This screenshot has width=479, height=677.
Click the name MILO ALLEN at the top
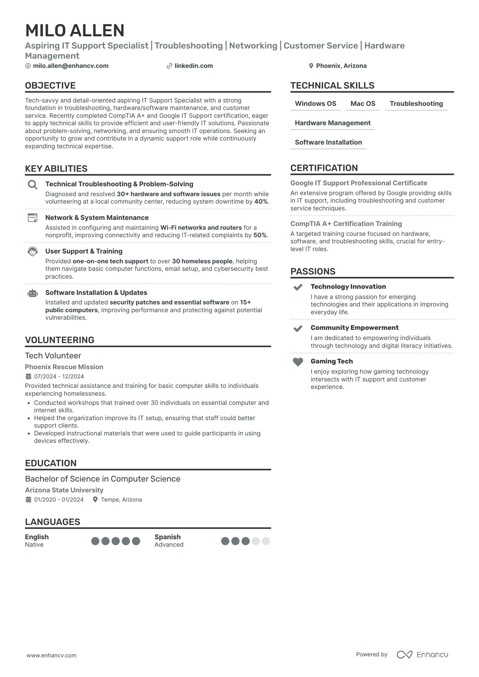pos(75,31)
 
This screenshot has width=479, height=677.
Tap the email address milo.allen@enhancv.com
pos(71,66)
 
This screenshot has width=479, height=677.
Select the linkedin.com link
pos(194,66)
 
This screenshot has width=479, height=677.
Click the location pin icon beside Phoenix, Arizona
pos(311,66)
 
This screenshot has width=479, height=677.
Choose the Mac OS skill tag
pos(363,104)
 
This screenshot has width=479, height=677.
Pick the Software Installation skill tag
pos(328,143)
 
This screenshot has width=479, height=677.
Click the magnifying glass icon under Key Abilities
pos(33,185)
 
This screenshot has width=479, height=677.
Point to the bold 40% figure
pos(261,202)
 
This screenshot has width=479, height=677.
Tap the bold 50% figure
pos(260,235)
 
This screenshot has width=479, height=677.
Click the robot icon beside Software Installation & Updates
pos(33,293)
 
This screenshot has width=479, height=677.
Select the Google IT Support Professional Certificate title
pos(359,183)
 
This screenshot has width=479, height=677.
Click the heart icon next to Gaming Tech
pos(298,362)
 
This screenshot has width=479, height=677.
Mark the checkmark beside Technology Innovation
pos(298,287)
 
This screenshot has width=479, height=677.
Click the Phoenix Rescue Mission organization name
pos(64,367)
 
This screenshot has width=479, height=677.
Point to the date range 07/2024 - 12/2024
pos(59,376)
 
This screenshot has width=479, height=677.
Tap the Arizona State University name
pos(64,490)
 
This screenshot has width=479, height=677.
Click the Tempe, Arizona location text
pos(121,500)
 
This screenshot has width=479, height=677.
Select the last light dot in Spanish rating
pos(266,541)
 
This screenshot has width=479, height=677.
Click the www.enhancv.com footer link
pos(52,655)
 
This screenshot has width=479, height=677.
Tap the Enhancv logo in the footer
pos(423,655)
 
